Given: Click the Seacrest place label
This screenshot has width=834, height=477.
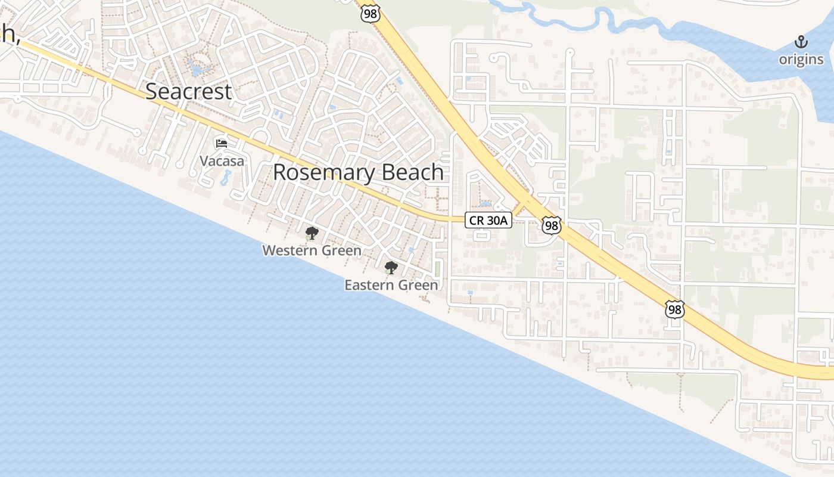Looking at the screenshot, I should (188, 92).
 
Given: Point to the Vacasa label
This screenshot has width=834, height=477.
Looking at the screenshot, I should (222, 161).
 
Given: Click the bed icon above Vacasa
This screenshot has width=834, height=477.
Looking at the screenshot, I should (222, 144).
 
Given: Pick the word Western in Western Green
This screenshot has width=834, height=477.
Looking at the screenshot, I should (288, 250).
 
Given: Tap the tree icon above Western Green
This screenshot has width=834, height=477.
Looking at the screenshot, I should (311, 233).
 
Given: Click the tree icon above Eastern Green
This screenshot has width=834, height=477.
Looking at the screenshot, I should (391, 268).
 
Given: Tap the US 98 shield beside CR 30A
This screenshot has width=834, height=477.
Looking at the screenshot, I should (551, 225).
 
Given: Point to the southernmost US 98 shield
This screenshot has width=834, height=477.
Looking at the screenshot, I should (674, 309).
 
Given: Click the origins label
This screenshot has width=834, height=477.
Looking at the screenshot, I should (801, 60).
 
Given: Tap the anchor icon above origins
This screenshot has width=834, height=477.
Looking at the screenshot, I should (801, 42).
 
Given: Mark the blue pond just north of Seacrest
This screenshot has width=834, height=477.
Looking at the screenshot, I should (196, 67).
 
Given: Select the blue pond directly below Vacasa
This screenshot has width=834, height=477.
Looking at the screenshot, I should (226, 178).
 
